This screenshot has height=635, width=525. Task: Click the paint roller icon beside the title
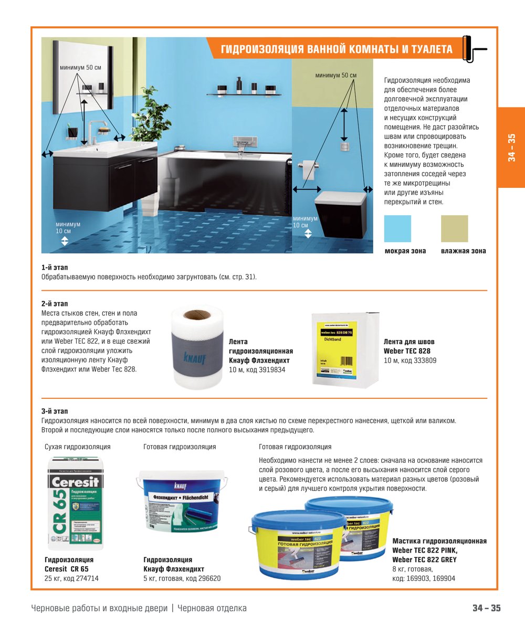[x=474, y=49]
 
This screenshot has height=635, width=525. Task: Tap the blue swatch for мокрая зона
[x=397, y=228]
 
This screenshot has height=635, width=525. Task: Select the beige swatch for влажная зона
[x=454, y=228]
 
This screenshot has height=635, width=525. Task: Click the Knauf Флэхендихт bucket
[x=182, y=503]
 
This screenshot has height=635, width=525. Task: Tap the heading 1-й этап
[x=55, y=268]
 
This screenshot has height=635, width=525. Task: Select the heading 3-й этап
[x=55, y=411]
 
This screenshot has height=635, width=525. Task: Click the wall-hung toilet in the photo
[x=340, y=213]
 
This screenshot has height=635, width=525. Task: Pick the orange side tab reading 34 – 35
[x=511, y=147]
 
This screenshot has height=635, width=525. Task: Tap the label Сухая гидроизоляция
[x=78, y=447]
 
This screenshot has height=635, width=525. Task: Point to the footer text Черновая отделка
[x=212, y=608]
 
